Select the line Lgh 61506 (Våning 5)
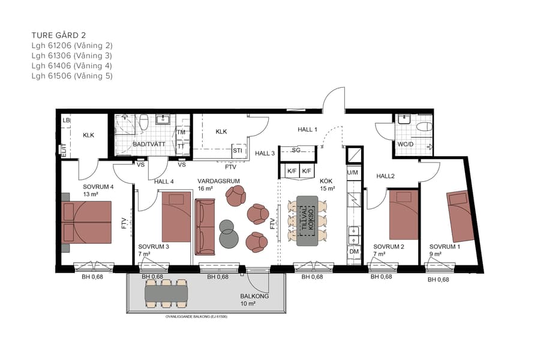[x=72, y=76]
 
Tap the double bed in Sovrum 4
[x=86, y=222]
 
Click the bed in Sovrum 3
[x=176, y=217]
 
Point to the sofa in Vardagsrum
[x=205, y=227]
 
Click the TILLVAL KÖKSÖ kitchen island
[x=308, y=220]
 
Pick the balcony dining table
[x=166, y=293]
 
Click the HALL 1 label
[x=307, y=130]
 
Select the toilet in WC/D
[x=423, y=126]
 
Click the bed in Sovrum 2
[x=403, y=215]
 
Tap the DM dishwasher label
[x=353, y=251]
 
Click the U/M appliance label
[x=352, y=172]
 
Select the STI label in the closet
[x=237, y=151]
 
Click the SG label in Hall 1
[x=296, y=150]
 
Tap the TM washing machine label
[x=181, y=132]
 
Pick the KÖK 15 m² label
[x=327, y=184]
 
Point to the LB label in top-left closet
[x=66, y=121]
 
